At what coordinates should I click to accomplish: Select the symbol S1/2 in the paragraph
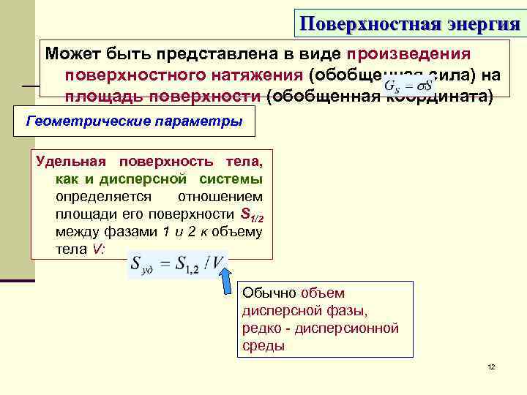[251, 215]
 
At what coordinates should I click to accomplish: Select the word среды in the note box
[263, 346]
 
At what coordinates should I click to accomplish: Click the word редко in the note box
[261, 328]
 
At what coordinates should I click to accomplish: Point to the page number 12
[491, 366]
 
